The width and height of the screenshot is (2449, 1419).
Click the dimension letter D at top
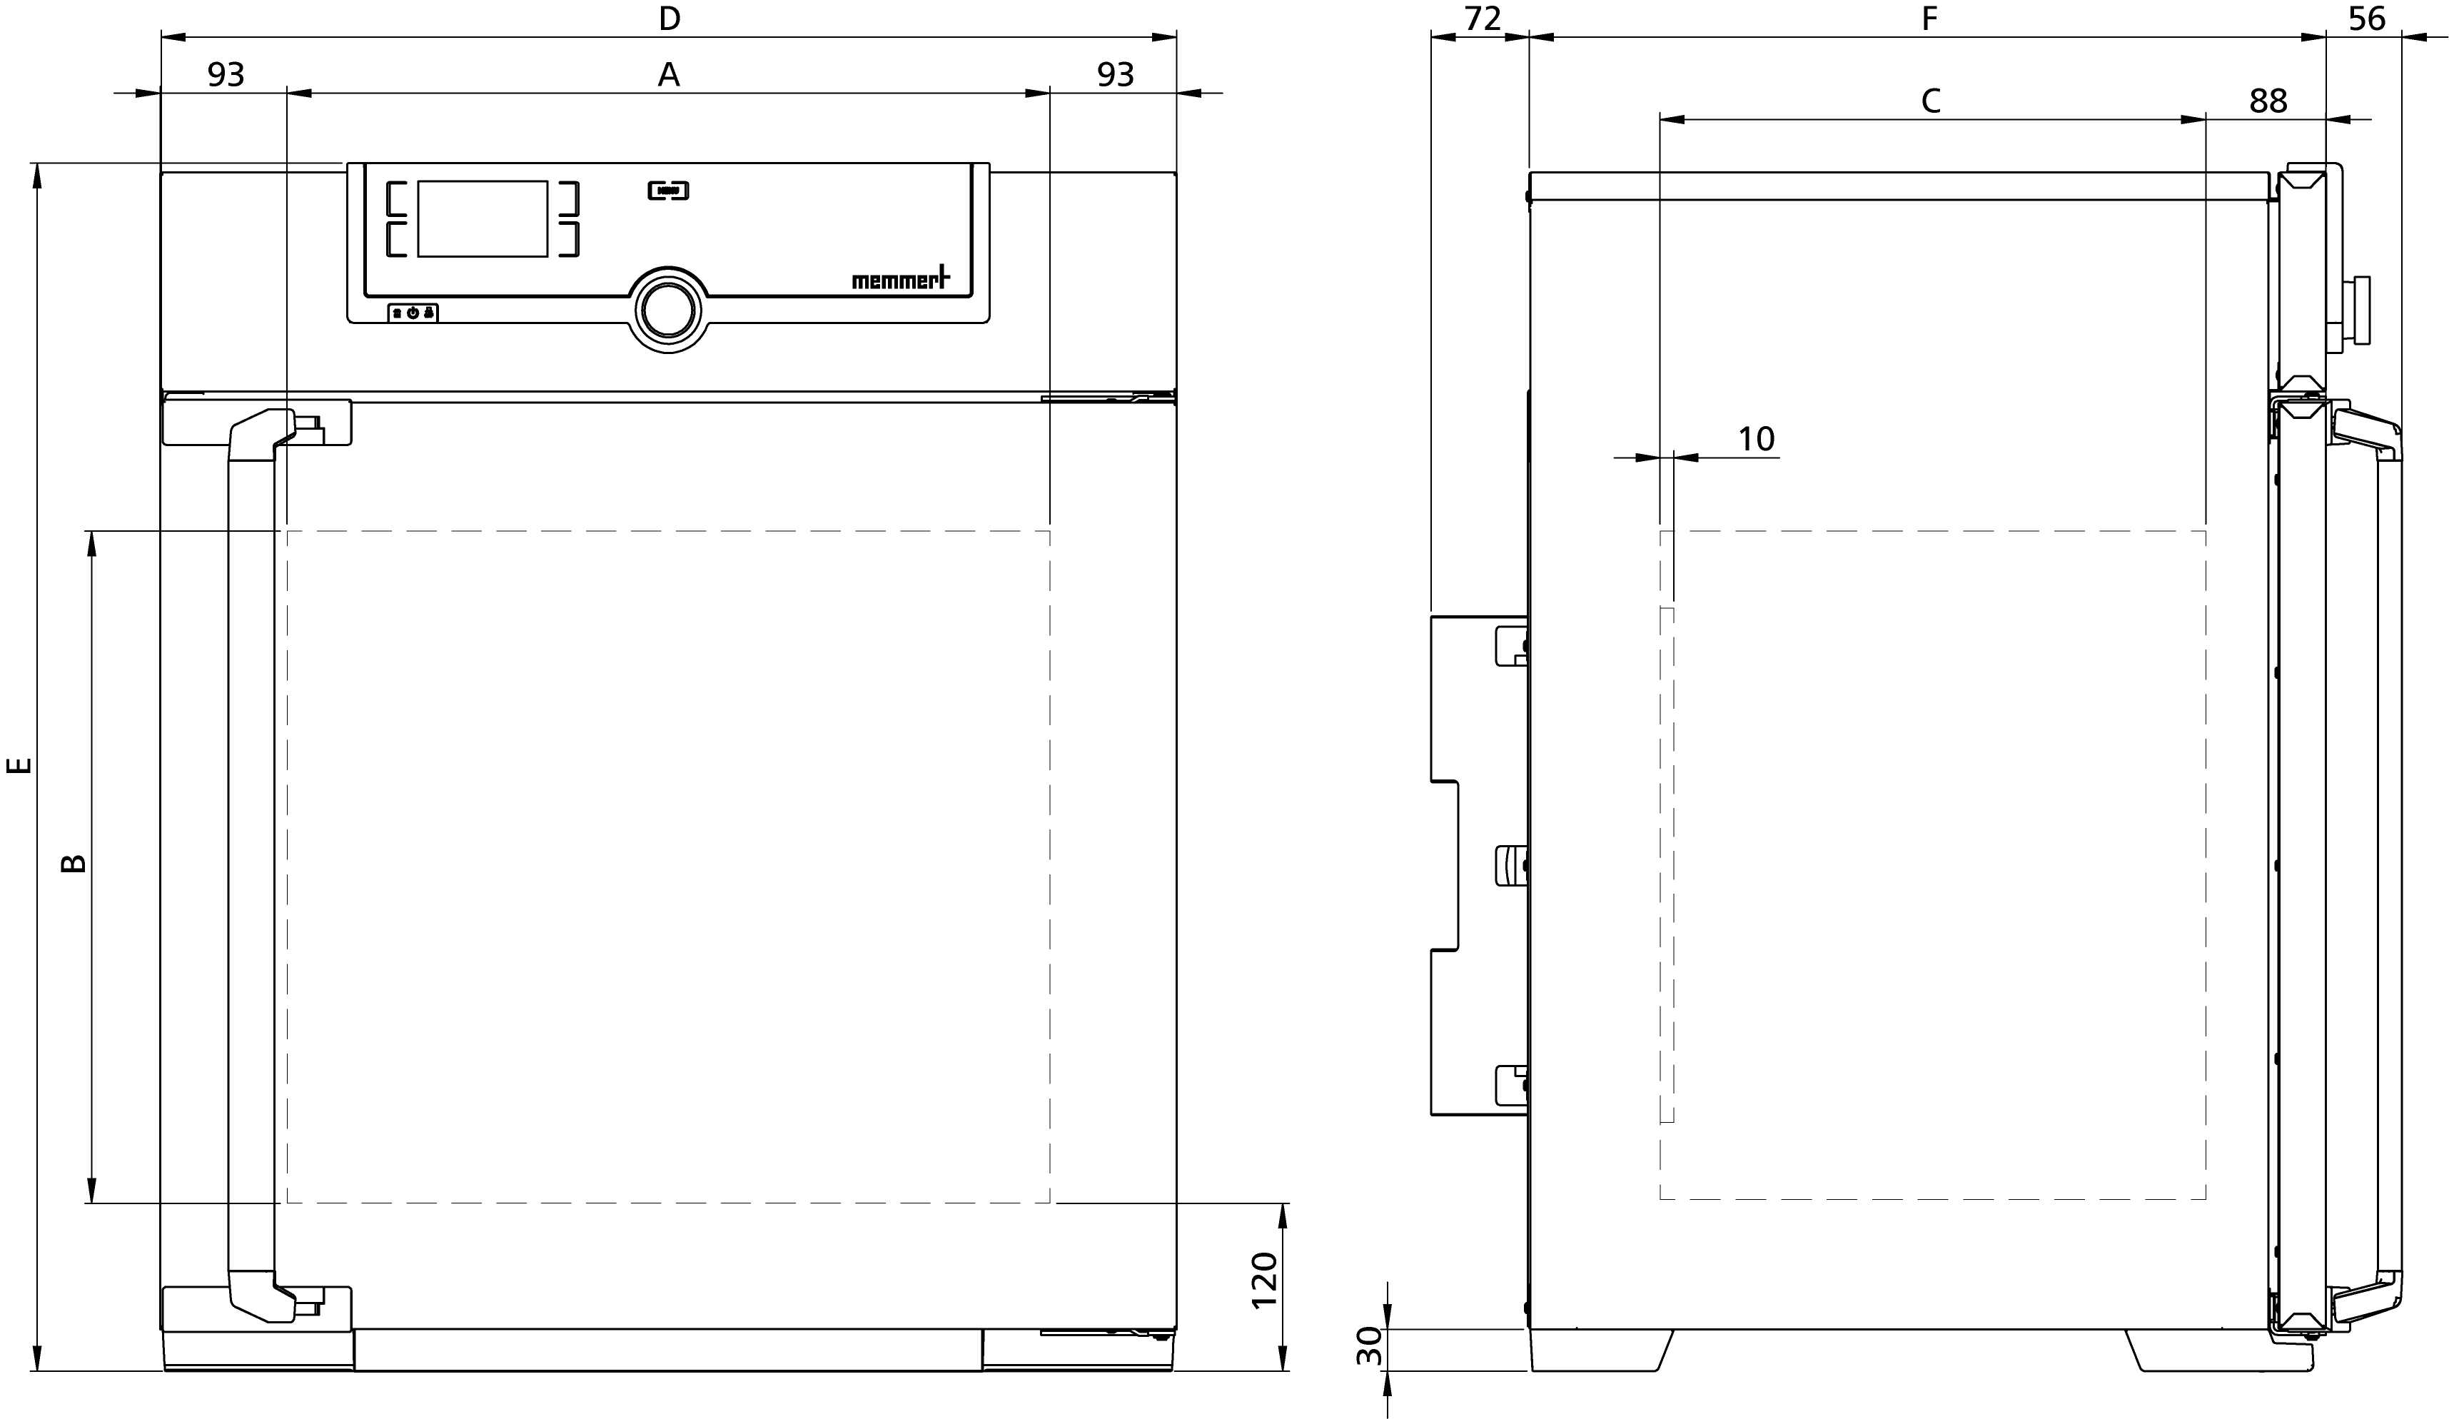(x=670, y=19)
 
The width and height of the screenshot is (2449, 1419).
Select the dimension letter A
(x=669, y=75)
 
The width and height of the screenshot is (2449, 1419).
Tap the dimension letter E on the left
(x=19, y=766)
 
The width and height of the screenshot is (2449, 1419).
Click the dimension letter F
(x=1930, y=19)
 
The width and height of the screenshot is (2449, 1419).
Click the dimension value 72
(x=1483, y=19)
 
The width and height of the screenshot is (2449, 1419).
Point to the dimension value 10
(x=1756, y=439)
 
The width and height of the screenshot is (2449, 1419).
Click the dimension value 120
(x=1263, y=1281)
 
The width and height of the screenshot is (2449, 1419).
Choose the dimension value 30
(x=1369, y=1346)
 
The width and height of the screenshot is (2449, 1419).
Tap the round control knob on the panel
(x=667, y=310)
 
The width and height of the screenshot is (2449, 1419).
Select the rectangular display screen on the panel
(x=483, y=218)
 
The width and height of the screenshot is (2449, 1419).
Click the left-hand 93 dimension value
(x=226, y=75)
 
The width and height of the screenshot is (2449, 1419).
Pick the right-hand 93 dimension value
(x=1116, y=75)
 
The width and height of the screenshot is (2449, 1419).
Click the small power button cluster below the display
(x=413, y=313)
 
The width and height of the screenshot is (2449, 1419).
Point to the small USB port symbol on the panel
(x=669, y=191)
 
